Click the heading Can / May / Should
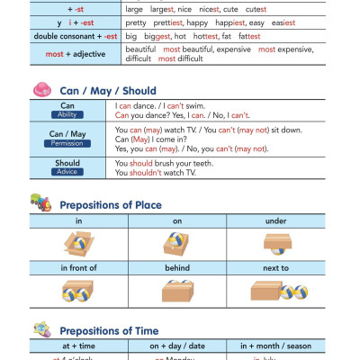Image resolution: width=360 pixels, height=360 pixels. click(x=107, y=91)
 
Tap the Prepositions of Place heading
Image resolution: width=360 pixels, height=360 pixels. click(x=111, y=205)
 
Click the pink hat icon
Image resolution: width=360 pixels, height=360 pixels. click(x=40, y=90)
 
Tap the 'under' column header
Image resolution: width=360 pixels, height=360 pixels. click(x=276, y=220)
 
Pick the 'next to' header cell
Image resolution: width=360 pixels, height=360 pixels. click(x=276, y=268)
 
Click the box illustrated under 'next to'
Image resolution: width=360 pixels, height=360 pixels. click(x=267, y=290)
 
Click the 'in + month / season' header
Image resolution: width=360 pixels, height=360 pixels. click(x=276, y=345)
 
